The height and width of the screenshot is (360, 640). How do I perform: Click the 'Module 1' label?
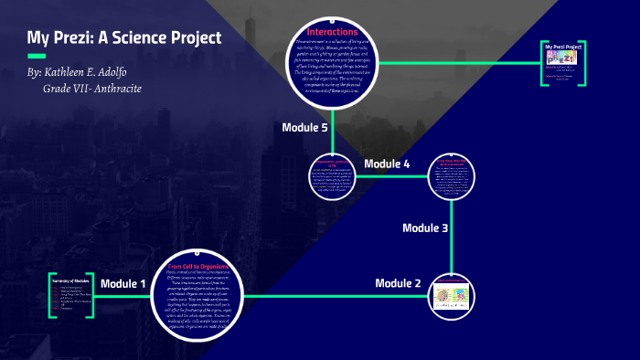(123, 284)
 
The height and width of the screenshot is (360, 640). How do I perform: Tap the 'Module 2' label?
(398, 283)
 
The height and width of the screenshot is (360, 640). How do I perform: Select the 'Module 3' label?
(425, 228)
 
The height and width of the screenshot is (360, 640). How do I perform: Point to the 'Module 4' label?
(387, 164)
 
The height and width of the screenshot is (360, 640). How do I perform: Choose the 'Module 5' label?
(304, 127)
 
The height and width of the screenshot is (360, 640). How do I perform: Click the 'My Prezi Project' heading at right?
(564, 47)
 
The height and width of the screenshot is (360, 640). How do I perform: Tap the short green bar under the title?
(37, 56)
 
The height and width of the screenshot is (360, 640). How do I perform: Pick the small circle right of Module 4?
(452, 177)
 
